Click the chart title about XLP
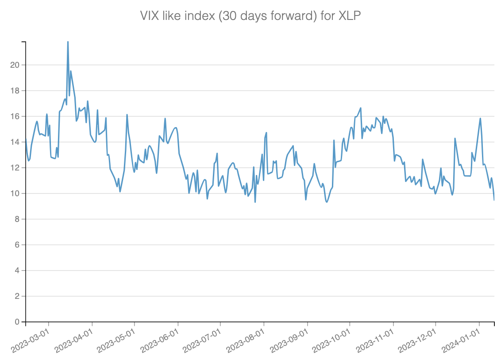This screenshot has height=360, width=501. pyautogui.click(x=250, y=16)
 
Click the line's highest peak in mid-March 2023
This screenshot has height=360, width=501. pyautogui.click(x=68, y=42)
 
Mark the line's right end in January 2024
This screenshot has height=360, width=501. pyautogui.click(x=494, y=200)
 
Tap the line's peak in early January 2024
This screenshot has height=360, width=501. pyautogui.click(x=480, y=118)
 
